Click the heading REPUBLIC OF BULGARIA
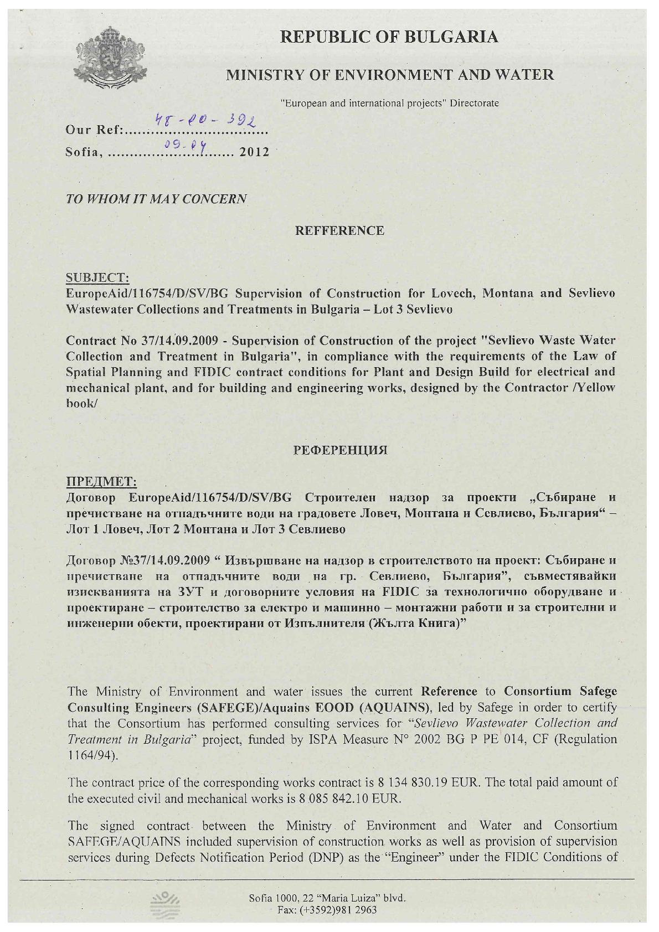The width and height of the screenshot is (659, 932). click(389, 37)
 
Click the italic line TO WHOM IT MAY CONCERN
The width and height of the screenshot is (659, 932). click(157, 199)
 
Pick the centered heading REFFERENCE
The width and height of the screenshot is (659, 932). click(339, 231)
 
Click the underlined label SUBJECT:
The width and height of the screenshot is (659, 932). click(98, 277)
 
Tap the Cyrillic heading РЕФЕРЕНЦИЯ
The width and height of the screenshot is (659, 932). click(339, 449)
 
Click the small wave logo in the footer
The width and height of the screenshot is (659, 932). click(164, 904)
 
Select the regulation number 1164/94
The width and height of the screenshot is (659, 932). click(91, 755)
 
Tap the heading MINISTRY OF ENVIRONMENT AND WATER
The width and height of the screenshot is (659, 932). click(390, 75)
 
